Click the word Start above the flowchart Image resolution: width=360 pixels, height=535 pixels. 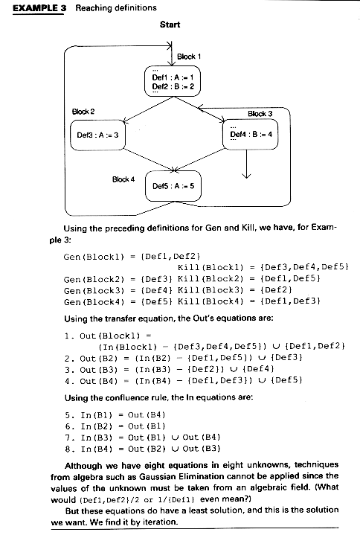tap(170, 25)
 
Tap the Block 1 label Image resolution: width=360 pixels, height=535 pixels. tap(189, 57)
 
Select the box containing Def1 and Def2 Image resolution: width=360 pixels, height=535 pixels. tap(173, 81)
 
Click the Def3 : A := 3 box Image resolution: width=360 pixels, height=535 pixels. tap(98, 135)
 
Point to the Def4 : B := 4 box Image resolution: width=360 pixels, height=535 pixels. tap(250, 134)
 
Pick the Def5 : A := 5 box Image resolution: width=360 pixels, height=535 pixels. tap(173, 186)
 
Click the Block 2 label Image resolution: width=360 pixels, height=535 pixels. tap(83, 112)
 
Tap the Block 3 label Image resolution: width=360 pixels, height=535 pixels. tap(260, 114)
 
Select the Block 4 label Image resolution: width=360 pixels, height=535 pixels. tap(123, 179)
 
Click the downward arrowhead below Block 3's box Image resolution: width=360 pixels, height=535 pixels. tap(246, 176)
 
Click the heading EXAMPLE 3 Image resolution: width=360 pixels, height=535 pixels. tap(39, 8)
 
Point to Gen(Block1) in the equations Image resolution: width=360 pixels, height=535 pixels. tap(94, 257)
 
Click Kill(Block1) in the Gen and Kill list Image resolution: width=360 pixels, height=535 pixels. tap(210, 267)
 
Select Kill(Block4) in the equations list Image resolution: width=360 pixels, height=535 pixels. tap(210, 301)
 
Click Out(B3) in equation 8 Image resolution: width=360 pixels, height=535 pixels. tap(202, 449)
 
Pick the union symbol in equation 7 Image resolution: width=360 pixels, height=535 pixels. tap(175, 438)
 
